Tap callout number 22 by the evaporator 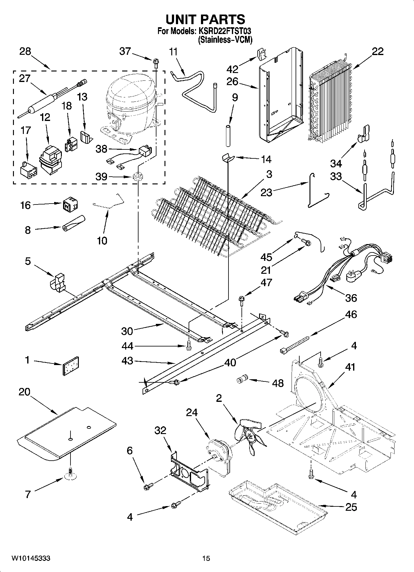click(x=378, y=51)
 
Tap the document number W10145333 click(x=31, y=558)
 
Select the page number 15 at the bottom click(x=206, y=558)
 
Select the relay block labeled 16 click(x=70, y=204)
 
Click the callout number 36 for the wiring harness click(x=351, y=298)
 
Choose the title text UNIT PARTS click(x=205, y=19)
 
